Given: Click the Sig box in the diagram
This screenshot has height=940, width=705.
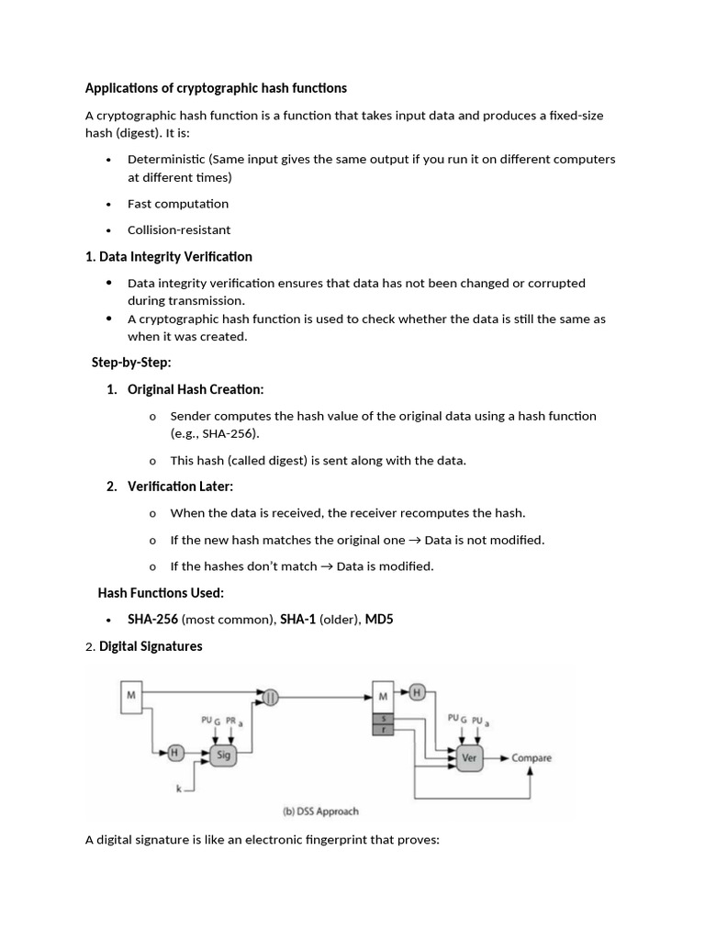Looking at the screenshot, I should tap(221, 755).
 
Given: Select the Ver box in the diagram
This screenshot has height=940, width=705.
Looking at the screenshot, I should tap(468, 758).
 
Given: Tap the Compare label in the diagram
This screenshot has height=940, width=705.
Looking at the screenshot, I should tap(532, 758).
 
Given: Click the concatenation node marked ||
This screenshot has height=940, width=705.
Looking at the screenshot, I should tap(270, 697).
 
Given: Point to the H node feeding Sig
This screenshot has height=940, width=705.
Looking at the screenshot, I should tap(174, 754).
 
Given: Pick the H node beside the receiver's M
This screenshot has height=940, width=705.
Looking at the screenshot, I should tap(416, 692).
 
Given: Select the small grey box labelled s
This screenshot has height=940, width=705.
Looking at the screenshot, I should tap(383, 717).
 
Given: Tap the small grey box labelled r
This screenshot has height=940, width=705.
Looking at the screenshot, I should tap(383, 729).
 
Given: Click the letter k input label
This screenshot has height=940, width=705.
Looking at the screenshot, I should tap(181, 788).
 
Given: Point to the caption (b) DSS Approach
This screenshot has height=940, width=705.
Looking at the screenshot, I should tap(320, 811).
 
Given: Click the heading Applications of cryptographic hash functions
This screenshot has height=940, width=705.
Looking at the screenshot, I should tap(216, 88).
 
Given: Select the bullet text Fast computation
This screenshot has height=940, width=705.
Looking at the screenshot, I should tap(178, 204).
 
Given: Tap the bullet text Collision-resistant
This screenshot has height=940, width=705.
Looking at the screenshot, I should tap(179, 229).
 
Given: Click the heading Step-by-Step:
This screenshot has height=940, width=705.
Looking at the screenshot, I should tap(131, 363).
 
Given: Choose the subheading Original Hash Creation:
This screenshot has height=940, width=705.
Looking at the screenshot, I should tap(196, 389).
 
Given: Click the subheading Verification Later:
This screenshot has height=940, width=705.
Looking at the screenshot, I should tap(180, 487).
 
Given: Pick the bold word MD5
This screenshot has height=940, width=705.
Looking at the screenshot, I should tap(379, 620).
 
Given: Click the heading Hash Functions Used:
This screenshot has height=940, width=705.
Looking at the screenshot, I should tap(161, 593).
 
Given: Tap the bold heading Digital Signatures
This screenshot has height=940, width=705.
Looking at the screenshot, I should tap(151, 646).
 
